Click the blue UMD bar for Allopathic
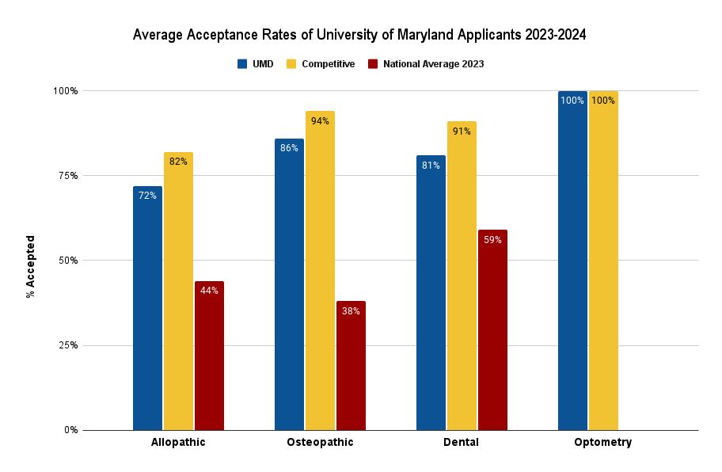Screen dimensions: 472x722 [147, 308]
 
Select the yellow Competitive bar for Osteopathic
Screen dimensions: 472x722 [320, 270]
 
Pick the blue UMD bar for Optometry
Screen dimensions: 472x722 [572, 261]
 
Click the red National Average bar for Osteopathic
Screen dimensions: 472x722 [351, 365]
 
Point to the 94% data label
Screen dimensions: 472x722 [320, 121]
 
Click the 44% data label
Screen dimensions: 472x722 [209, 291]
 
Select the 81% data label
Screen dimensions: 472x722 [431, 166]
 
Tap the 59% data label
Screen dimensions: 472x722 [492, 240]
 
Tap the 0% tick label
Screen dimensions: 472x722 [70, 430]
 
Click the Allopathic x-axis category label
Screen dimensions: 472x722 [178, 443]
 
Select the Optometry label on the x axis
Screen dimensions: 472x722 [602, 443]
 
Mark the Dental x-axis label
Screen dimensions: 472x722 [461, 443]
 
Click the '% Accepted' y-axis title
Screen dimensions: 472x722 [31, 266]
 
